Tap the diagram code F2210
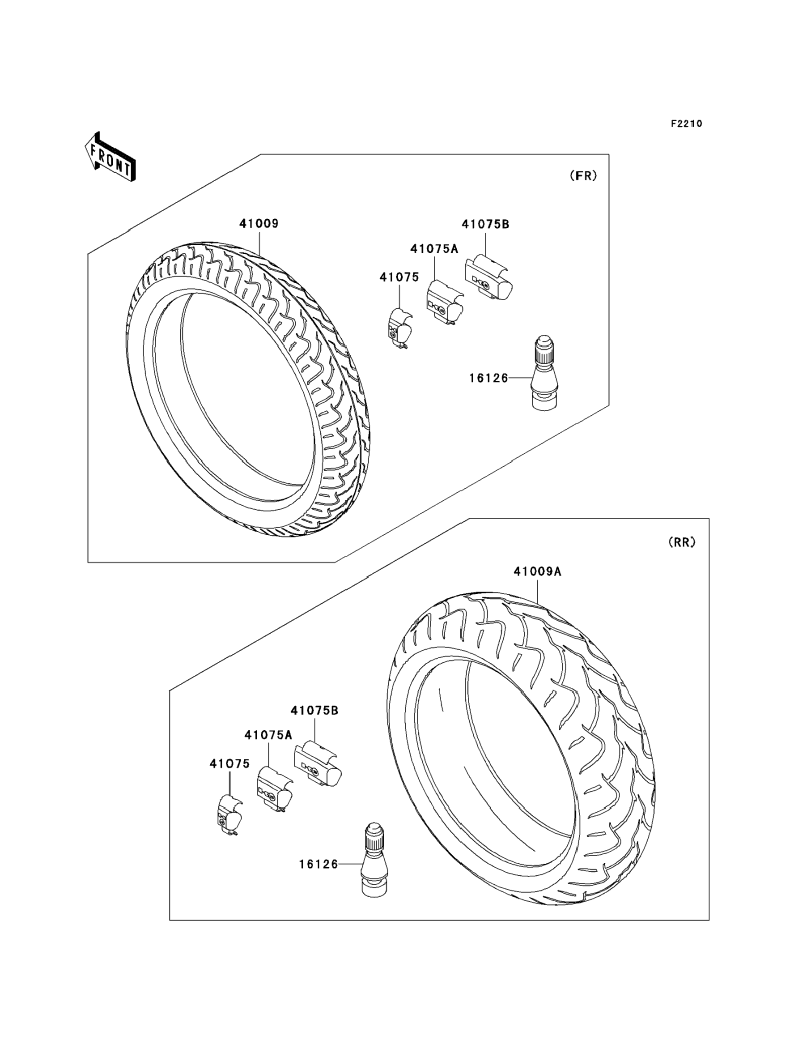[x=686, y=124]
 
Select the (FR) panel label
[x=583, y=176]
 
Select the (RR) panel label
[x=682, y=542]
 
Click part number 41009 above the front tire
[x=259, y=223]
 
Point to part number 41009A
[x=538, y=571]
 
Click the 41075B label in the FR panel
[x=485, y=224]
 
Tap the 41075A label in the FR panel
[x=434, y=249]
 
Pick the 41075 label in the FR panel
[x=399, y=277]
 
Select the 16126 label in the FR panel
[x=488, y=378]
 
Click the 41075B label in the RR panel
[x=314, y=710]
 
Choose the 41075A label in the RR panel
[x=268, y=735]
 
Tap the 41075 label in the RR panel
[x=229, y=763]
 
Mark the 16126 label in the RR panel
[x=319, y=864]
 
